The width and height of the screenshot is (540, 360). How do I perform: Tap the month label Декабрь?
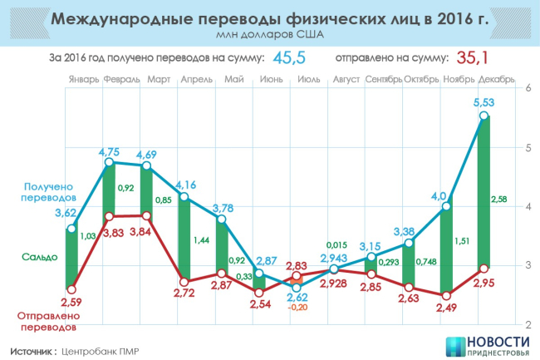[x=498, y=81]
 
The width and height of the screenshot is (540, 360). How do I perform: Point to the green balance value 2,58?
[x=499, y=200]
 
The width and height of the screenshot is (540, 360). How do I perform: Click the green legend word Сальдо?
[x=41, y=257]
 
